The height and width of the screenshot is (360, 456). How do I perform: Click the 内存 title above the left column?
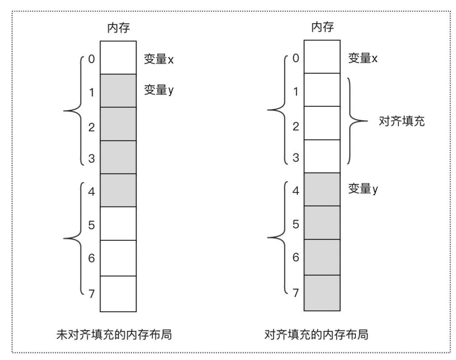point(118,28)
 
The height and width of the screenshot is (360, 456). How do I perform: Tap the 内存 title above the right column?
point(322,27)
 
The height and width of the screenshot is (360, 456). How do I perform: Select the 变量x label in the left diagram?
point(159,59)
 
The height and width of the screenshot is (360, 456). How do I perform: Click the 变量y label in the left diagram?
point(159,90)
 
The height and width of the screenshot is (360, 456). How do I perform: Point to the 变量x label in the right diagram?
point(363,58)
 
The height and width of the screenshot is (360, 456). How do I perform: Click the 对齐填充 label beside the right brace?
point(402,121)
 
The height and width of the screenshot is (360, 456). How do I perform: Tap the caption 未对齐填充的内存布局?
point(114,335)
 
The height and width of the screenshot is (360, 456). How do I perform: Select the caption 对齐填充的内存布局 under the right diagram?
point(316,335)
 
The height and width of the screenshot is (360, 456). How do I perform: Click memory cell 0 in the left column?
point(118,57)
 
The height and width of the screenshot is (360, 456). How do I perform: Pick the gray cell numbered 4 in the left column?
point(118,190)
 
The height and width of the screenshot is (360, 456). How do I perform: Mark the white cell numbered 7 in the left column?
point(118,294)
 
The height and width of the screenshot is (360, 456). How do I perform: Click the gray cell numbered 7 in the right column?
point(322,293)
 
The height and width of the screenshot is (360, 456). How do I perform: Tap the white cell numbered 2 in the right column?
point(322,123)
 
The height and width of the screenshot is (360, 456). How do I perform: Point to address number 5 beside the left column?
point(92,225)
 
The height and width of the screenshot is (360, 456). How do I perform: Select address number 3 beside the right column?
point(296,158)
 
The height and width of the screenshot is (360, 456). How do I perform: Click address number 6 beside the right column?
point(296,257)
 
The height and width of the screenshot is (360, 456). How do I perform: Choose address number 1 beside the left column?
point(92,92)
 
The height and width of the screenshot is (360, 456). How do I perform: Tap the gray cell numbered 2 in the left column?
point(118,124)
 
